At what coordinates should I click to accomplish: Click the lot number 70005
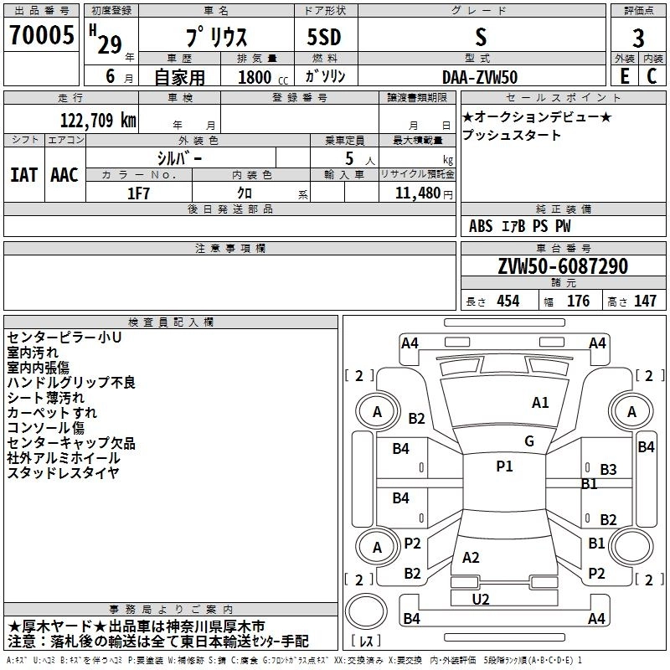tap(41, 35)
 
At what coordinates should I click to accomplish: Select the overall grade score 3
tap(638, 39)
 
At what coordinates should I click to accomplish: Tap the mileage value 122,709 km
tap(98, 121)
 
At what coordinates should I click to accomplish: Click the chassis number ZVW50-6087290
tap(563, 265)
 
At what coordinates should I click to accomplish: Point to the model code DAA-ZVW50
tap(480, 77)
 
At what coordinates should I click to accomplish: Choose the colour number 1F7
tap(138, 193)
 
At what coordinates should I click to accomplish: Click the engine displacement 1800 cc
tap(263, 77)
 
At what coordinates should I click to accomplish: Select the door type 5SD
tap(324, 37)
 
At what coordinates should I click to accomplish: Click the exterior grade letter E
tap(625, 76)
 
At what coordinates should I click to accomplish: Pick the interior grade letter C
tap(652, 76)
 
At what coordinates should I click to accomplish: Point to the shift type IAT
tap(23, 175)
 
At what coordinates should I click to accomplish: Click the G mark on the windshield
tap(529, 441)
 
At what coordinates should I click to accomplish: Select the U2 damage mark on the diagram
tap(481, 600)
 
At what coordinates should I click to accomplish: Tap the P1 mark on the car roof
tap(504, 466)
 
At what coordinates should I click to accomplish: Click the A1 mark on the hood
tap(540, 403)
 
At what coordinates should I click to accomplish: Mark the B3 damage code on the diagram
tap(608, 470)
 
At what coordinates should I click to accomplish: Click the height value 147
tap(645, 301)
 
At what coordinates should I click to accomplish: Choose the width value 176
tap(578, 301)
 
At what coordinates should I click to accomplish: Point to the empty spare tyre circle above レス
tap(366, 611)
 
